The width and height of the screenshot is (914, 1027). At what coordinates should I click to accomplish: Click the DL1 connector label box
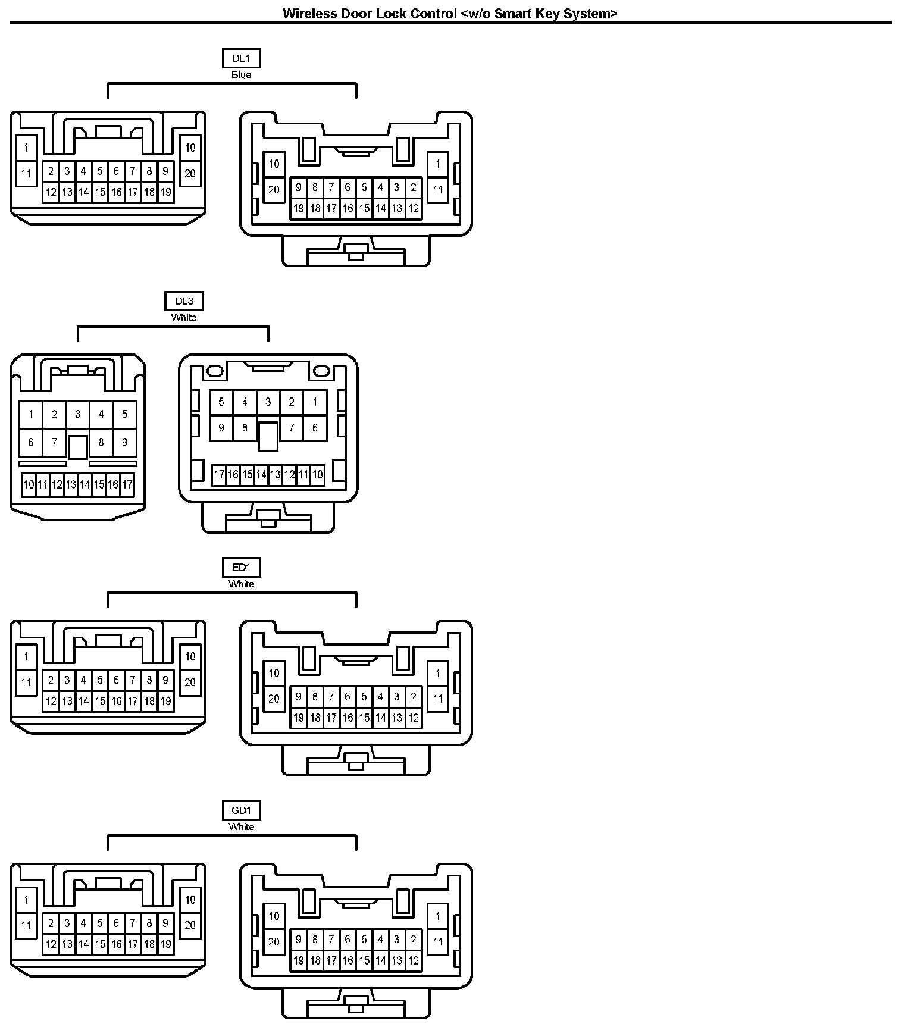pos(241,58)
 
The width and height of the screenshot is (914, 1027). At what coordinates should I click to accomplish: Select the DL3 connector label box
pos(184,301)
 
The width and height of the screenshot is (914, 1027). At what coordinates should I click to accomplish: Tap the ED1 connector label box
pos(241,568)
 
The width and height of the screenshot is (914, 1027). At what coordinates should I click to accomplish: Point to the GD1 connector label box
pos(241,810)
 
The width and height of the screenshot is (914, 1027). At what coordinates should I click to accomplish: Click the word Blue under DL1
pos(241,75)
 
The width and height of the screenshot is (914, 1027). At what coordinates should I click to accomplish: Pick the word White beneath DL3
pos(184,318)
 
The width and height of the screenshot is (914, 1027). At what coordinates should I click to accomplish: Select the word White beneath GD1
pos(241,827)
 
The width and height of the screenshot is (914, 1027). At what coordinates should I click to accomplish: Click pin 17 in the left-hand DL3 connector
pos(127,485)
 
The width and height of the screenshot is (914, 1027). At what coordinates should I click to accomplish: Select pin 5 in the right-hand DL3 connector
pos(221,402)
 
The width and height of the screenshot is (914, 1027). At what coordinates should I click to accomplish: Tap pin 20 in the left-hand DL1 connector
pos(190,174)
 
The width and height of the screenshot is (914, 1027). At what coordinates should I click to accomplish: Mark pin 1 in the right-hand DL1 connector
pos(438,164)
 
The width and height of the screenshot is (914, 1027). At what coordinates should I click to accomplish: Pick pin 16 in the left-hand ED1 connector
pos(117,702)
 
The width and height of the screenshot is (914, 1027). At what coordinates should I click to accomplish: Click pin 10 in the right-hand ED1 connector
pos(274,674)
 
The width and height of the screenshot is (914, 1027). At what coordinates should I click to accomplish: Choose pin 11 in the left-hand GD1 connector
pos(26,925)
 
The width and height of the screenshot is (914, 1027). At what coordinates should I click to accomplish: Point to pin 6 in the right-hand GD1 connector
pos(348,940)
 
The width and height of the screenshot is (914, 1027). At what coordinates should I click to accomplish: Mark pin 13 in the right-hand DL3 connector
pos(275,475)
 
